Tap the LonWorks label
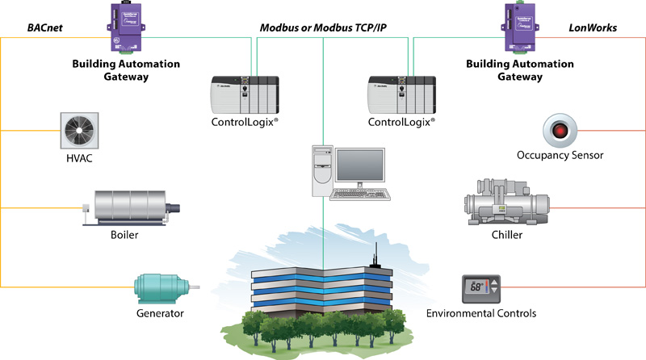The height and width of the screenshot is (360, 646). click(x=594, y=27)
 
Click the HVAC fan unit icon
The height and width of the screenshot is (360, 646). click(x=79, y=130)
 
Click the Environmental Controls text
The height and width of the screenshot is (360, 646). click(x=481, y=314)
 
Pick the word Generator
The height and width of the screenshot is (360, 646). click(x=161, y=314)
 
